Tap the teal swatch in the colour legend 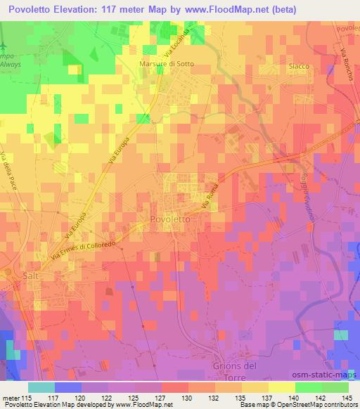pos(41,387)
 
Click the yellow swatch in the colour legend pos(281,387)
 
